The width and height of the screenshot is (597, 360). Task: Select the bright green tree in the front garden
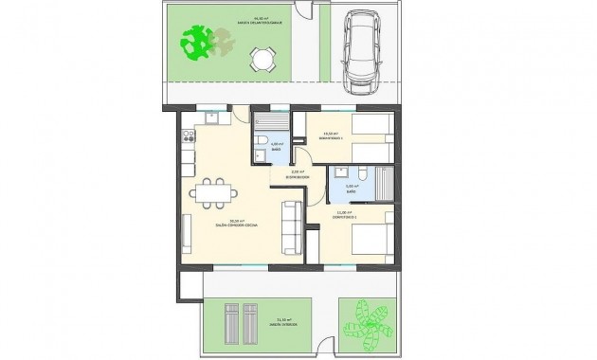(x=199, y=43)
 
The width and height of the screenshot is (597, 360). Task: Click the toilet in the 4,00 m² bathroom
(x=260, y=142)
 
